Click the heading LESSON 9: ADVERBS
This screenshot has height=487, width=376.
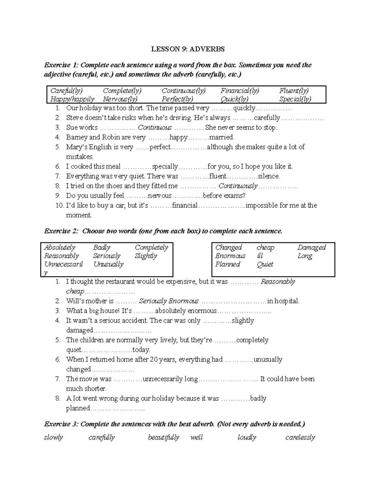(188, 49)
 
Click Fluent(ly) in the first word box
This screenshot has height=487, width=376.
(294, 91)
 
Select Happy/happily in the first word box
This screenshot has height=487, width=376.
(72, 99)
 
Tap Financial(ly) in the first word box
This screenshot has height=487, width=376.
(239, 91)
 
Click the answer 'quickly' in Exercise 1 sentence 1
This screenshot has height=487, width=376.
(244, 108)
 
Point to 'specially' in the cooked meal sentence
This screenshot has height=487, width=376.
(165, 167)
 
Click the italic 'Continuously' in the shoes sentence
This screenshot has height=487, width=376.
(238, 186)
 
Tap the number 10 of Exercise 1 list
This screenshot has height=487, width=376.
(59, 205)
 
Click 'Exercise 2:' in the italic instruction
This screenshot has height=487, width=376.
(61, 231)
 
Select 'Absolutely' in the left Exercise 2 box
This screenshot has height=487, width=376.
(60, 247)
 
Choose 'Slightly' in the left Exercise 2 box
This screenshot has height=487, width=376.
(146, 256)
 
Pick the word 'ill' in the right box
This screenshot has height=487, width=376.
(260, 256)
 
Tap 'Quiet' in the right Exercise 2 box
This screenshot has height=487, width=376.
(265, 264)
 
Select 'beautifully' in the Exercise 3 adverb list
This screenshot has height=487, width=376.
(163, 437)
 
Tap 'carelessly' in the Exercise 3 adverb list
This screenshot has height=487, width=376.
(300, 437)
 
